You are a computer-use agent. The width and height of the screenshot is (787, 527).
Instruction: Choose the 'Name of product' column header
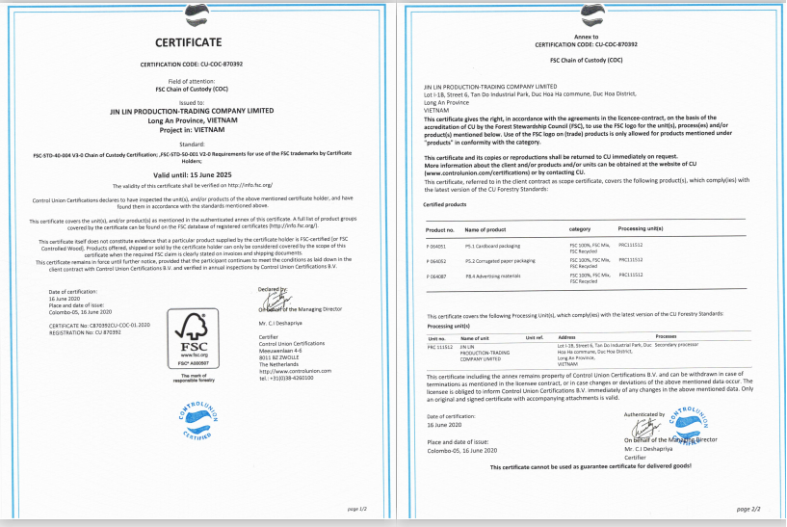click(486, 228)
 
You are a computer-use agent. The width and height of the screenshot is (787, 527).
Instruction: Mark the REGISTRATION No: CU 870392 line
click(86, 331)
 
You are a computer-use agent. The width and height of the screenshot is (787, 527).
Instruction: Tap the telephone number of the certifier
click(293, 377)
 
